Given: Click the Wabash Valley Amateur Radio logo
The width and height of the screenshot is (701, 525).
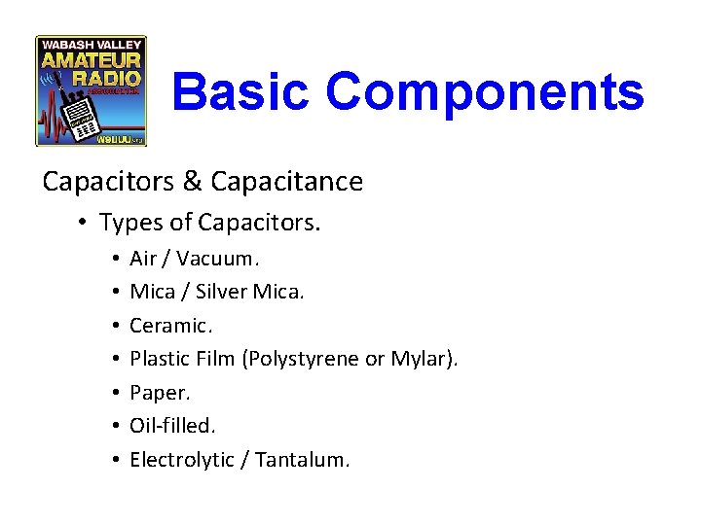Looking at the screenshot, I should pos(91,91).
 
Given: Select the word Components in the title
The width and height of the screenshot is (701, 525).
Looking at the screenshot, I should pos(485,92).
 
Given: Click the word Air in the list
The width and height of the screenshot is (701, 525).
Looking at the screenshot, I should pos(143,259).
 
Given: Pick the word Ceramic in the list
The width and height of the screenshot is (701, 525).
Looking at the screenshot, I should pos(166,326).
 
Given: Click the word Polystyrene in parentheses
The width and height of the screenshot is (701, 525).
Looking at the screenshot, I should pos(306,359).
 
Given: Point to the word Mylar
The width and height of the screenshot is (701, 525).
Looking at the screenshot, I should pos(420,359).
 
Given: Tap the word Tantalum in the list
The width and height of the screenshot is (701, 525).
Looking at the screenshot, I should pos(305,460).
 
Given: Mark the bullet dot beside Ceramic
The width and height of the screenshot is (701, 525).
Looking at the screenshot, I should pos(115,326).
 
